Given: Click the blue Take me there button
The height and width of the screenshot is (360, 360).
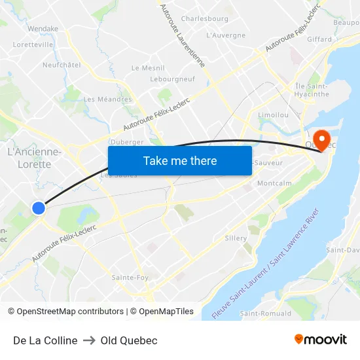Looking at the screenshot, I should pyautogui.click(x=180, y=161).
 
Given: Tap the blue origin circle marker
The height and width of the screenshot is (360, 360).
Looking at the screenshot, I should pyautogui.click(x=39, y=208).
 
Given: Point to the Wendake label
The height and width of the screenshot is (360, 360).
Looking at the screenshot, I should pyautogui.click(x=43, y=29).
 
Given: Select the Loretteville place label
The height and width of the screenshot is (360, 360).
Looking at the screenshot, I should pyautogui.click(x=33, y=45).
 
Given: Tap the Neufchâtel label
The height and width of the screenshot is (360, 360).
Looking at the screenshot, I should pyautogui.click(x=62, y=65).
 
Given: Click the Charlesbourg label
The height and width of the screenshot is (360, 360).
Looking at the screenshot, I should pyautogui.click(x=205, y=19).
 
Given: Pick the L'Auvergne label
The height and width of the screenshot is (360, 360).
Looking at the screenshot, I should pyautogui.click(x=226, y=35).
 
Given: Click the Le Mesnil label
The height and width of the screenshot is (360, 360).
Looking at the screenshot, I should pyautogui.click(x=148, y=68).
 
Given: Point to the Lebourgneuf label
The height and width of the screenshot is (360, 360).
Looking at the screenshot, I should pyautogui.click(x=173, y=79).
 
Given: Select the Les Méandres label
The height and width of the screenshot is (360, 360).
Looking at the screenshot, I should pyautogui.click(x=107, y=99).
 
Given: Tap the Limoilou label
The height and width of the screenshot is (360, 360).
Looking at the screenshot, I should pyautogui.click(x=274, y=115).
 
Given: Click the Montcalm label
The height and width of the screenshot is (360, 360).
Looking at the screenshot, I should pyautogui.click(x=275, y=184).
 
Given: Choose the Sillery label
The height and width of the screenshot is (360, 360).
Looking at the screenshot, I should pyautogui.click(x=236, y=238).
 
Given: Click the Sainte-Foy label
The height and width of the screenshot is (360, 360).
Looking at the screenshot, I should pyautogui.click(x=129, y=278).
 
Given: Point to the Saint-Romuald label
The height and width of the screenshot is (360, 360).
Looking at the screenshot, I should pyautogui.click(x=266, y=314).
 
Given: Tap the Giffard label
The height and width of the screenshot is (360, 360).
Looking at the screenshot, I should pyautogui.click(x=319, y=39).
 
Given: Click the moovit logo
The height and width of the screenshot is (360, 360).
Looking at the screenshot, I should pyautogui.click(x=320, y=340).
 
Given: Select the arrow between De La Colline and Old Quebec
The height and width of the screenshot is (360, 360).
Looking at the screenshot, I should pyautogui.click(x=89, y=340).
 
